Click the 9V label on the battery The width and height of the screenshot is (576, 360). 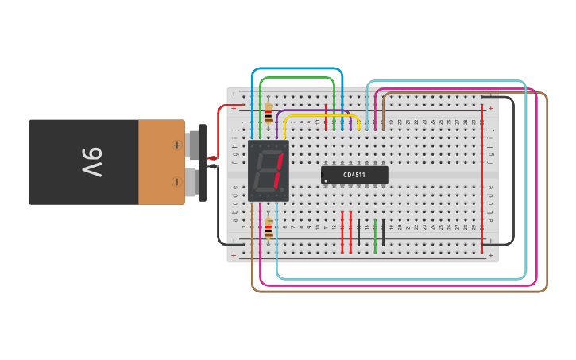(x=91, y=162)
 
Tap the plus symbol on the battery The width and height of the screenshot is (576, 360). (x=176, y=145)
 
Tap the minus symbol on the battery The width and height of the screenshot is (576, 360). (x=176, y=181)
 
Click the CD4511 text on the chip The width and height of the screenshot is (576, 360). (x=354, y=175)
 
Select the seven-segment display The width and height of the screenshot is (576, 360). (x=268, y=171)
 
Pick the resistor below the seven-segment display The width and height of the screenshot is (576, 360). (x=269, y=228)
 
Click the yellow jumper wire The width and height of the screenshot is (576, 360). (x=322, y=116)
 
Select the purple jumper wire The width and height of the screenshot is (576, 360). (x=314, y=110)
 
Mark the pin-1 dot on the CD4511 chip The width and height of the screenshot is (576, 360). (x=325, y=181)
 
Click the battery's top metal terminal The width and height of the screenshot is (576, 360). (x=193, y=145)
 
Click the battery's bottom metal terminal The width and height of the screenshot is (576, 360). (x=191, y=181)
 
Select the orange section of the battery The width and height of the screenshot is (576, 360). (x=161, y=162)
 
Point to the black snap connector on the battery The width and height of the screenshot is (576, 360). (x=203, y=162)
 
